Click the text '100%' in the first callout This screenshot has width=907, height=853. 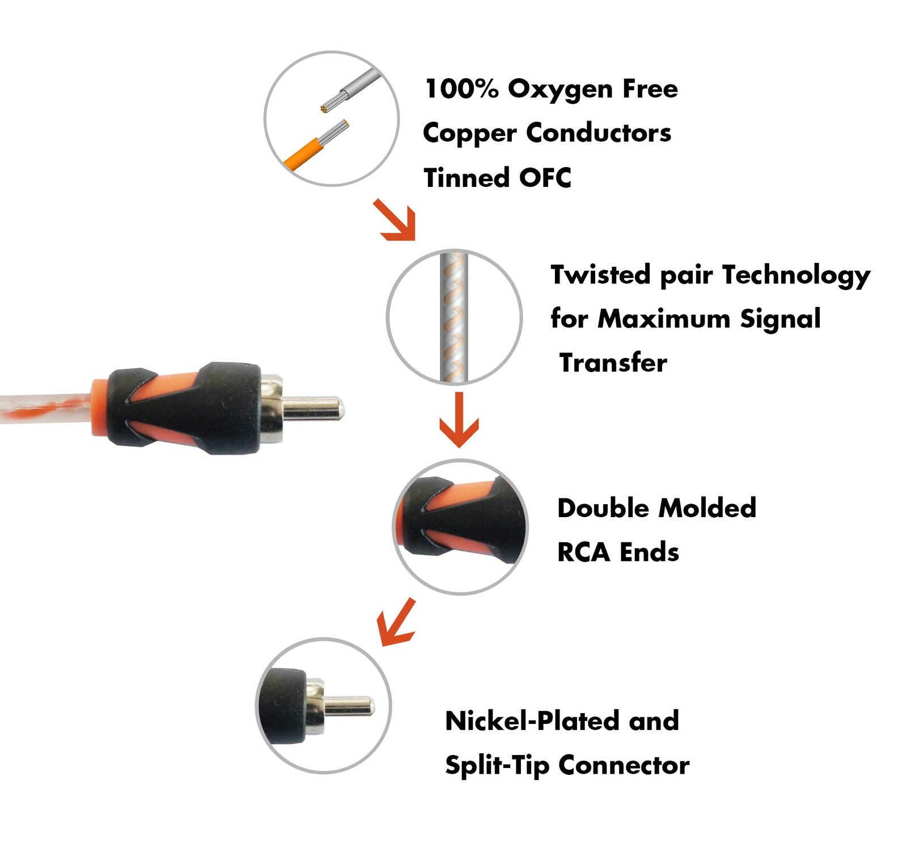(461, 88)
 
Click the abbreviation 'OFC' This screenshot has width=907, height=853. (545, 178)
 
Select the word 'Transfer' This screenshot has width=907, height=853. (613, 363)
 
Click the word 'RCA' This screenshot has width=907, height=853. (583, 552)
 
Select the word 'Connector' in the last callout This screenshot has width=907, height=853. (624, 766)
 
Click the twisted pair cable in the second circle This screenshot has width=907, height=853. (454, 317)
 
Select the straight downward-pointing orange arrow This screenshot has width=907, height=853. (459, 420)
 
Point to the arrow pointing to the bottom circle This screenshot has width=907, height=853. (397, 622)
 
